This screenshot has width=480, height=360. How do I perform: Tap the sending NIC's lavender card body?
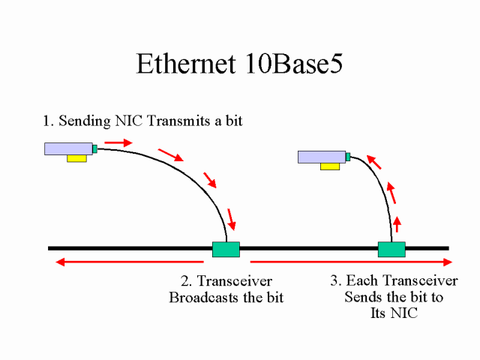67,148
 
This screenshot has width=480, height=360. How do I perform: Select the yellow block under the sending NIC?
76,158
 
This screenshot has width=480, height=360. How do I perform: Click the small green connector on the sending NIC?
94,148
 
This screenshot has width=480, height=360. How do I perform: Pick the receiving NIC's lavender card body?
321,157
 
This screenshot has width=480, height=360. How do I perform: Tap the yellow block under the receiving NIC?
329,166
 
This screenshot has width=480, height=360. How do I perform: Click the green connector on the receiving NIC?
348,157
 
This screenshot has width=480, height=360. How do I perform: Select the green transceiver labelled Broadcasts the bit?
226,249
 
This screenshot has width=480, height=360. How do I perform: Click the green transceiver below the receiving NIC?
391,249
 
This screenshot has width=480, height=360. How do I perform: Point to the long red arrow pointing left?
127,262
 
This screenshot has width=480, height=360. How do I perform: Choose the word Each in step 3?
361,281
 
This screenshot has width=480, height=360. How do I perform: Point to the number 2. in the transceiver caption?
187,282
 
